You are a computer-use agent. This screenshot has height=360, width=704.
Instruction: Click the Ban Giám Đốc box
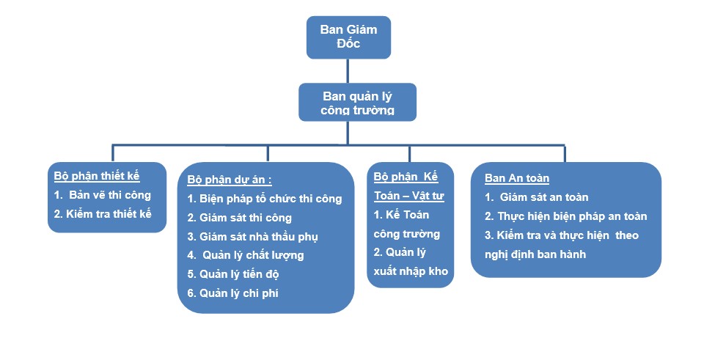click(348, 37)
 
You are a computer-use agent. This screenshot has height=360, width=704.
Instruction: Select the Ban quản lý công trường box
click(357, 103)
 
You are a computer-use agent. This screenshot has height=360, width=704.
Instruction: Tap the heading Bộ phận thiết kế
click(97, 176)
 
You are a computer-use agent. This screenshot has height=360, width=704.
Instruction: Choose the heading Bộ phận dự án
click(230, 180)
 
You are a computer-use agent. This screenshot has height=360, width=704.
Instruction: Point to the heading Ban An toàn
click(517, 178)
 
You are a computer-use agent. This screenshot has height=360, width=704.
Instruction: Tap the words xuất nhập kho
click(411, 271)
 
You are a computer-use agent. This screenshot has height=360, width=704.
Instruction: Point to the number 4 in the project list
click(191, 255)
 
